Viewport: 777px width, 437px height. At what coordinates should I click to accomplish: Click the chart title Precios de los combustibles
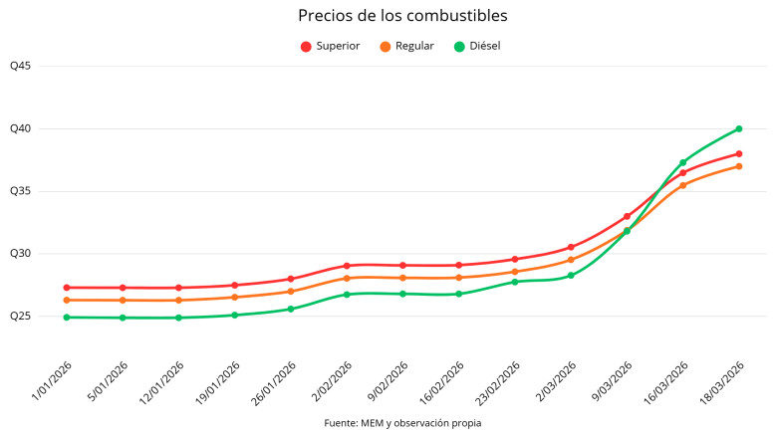(x=388, y=16)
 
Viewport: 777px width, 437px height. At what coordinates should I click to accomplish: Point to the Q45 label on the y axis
(x=21, y=67)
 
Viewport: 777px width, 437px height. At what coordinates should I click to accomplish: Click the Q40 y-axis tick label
(x=21, y=128)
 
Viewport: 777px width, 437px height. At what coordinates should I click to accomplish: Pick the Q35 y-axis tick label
(x=21, y=191)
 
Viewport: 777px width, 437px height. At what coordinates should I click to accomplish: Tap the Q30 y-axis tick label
(x=21, y=254)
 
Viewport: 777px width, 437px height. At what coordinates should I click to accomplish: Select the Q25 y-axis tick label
(x=21, y=316)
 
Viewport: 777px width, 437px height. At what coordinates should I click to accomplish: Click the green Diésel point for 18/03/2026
(x=739, y=128)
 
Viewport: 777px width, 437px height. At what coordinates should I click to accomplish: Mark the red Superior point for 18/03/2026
(x=739, y=153)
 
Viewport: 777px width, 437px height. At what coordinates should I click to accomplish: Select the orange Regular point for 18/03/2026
(x=739, y=166)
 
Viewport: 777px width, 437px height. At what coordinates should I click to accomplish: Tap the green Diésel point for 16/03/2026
(x=683, y=162)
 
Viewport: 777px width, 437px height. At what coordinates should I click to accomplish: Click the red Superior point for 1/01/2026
(x=67, y=288)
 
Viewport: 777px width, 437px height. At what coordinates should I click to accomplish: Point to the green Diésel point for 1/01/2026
(x=67, y=318)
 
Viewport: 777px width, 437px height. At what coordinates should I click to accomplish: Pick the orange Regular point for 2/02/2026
(x=347, y=279)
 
